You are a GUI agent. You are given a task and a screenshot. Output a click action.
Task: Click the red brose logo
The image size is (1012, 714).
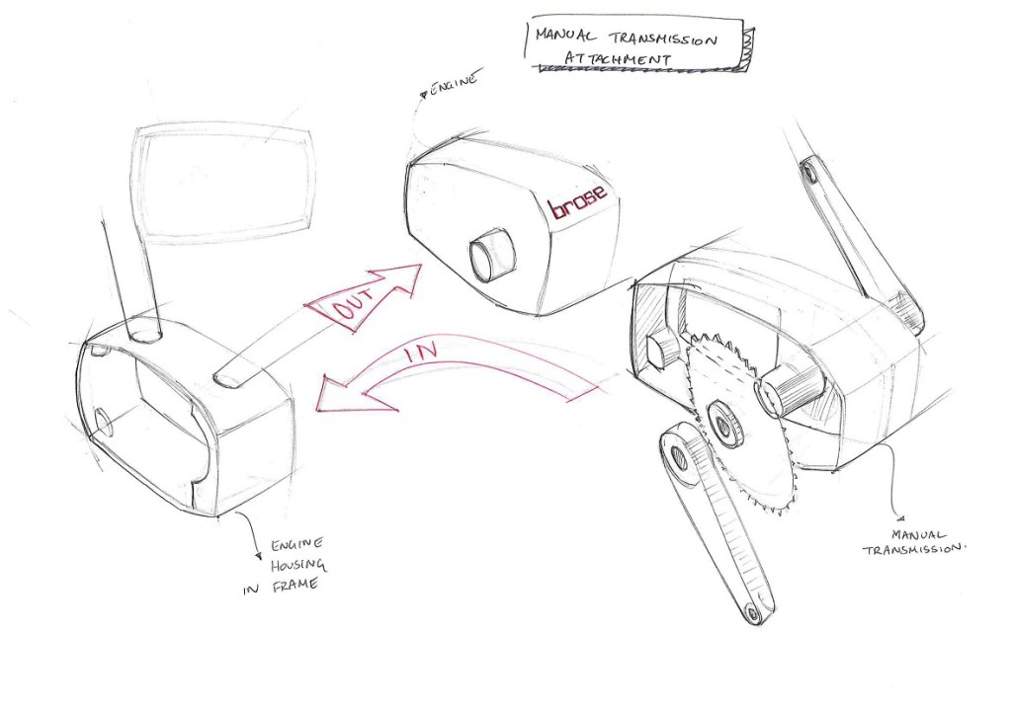577,201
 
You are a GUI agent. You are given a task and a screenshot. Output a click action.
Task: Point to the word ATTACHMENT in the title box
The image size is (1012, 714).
618,58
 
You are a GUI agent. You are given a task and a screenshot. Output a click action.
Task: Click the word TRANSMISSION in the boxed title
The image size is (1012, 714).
665,39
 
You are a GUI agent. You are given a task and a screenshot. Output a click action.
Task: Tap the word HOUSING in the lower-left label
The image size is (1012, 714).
298,565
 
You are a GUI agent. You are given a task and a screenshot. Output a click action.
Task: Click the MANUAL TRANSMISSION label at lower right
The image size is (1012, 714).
916,542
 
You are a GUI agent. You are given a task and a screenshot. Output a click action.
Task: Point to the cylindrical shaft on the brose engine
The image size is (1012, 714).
492,254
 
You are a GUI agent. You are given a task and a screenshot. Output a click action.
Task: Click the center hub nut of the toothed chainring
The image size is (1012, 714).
725,423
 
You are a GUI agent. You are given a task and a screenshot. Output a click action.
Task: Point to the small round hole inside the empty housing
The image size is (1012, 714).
102,421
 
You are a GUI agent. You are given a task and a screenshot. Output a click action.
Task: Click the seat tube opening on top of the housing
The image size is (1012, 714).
144,330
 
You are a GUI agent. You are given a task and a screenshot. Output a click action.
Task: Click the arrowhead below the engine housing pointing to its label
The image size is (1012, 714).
260,556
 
